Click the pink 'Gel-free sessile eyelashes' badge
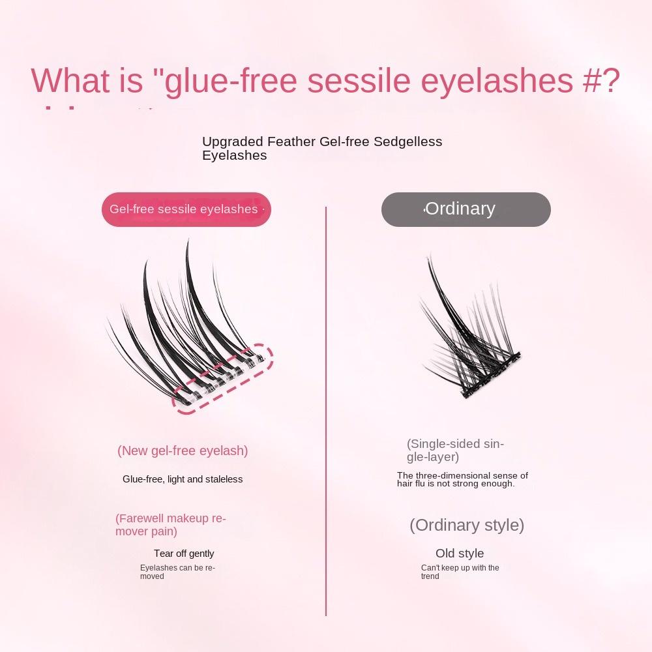186,209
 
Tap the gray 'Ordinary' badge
466,209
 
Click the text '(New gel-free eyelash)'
183,451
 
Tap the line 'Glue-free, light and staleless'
183,479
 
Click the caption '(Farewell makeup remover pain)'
170,525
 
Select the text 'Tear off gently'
184,554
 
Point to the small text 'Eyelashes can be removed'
177,572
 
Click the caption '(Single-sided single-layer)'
455,451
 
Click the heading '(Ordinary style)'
467,525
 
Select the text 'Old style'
460,554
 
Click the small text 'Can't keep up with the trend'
460,572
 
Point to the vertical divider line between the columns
326,411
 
